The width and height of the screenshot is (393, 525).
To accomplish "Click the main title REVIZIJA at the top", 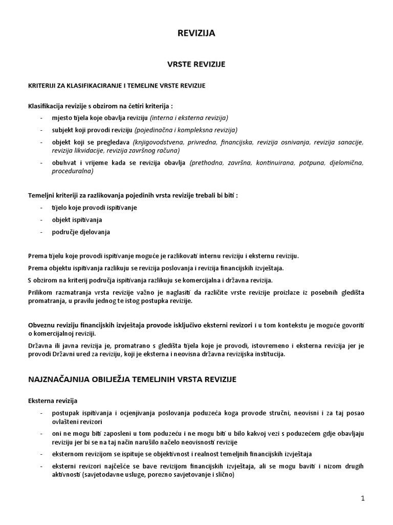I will pos(196,33).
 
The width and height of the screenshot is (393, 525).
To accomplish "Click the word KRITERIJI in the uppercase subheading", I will pos(41,85).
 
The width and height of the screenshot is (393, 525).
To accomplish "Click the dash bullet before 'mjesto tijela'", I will pos(40,117).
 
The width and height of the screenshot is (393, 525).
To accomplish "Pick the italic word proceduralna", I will pos(72,172).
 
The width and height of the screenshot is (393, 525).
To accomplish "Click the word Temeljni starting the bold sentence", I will pos(41,195).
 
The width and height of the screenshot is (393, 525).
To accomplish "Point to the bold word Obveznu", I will pos(40,326).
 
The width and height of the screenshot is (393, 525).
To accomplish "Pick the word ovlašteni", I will pos(66,422).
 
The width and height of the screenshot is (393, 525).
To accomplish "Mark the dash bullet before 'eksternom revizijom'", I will pos(40,454).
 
